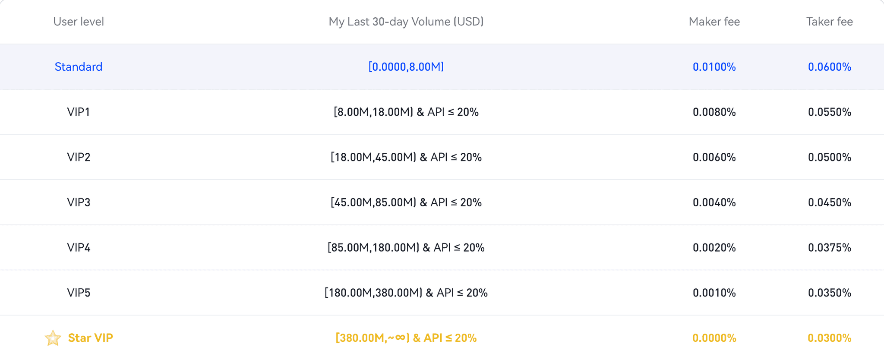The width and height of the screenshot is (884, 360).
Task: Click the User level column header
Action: tap(79, 22)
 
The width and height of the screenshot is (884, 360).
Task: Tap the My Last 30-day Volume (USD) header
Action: tap(406, 22)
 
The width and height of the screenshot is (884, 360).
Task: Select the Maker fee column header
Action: tap(714, 22)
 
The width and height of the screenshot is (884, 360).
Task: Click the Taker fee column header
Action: tap(829, 22)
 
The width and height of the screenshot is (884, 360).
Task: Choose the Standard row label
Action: tap(79, 67)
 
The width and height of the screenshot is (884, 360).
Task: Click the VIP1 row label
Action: tap(79, 112)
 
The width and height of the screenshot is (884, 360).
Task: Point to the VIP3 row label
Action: tap(79, 202)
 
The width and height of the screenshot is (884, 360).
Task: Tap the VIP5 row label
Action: tap(79, 293)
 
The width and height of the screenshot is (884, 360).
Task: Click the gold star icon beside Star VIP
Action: tap(53, 338)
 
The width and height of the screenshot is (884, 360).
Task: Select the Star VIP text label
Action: tap(91, 338)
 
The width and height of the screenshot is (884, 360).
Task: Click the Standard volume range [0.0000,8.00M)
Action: tap(406, 67)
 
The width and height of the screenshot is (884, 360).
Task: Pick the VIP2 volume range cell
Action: tap(406, 157)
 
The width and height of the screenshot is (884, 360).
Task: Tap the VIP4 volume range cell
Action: tap(406, 248)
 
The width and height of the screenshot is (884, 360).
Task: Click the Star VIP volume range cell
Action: tap(406, 338)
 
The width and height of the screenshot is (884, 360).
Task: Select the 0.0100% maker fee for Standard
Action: tap(714, 67)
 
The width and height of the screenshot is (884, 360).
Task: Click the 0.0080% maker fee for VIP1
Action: tap(714, 112)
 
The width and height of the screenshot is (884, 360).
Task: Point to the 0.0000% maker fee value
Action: tap(714, 338)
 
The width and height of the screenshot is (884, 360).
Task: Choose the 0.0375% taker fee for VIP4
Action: tap(829, 248)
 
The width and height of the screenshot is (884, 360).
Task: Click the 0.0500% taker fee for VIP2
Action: tap(829, 157)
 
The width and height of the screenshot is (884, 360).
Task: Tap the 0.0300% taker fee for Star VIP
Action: tap(829, 338)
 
